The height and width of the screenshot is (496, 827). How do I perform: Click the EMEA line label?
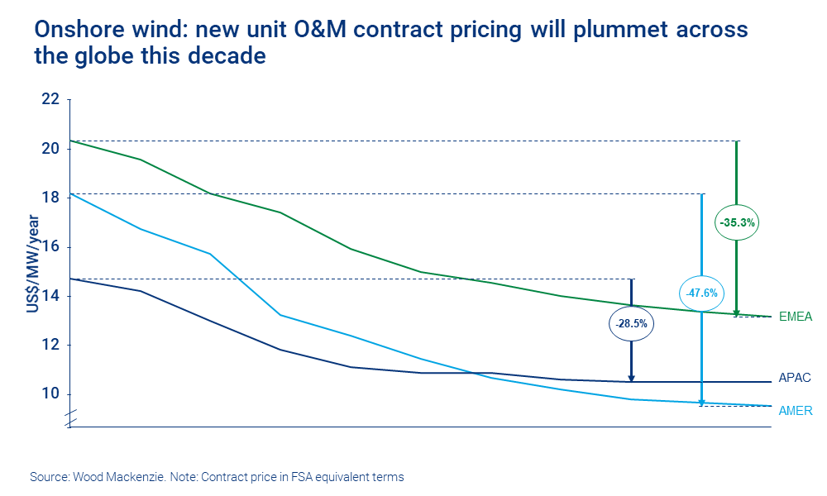[x=796, y=317]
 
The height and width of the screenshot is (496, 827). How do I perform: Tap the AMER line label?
[x=796, y=410]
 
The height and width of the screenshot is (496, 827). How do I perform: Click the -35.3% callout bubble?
[x=737, y=222]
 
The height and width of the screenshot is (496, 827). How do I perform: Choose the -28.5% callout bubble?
[x=633, y=325]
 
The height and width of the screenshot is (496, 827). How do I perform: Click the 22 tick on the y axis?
[x=50, y=100]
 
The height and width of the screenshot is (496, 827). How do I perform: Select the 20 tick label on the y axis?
[x=50, y=149]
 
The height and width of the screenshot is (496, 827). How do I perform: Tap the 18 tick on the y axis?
[x=50, y=198]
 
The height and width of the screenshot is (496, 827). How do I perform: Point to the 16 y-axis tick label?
[x=50, y=246]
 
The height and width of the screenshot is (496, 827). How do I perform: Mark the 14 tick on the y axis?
[x=50, y=296]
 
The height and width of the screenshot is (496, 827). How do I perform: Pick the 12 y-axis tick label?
[x=50, y=345]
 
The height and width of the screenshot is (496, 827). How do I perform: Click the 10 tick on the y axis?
[x=50, y=393]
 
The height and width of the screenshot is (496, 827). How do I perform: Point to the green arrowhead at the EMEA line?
[x=737, y=312]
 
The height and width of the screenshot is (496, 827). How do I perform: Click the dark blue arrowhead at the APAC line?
[x=632, y=378]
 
